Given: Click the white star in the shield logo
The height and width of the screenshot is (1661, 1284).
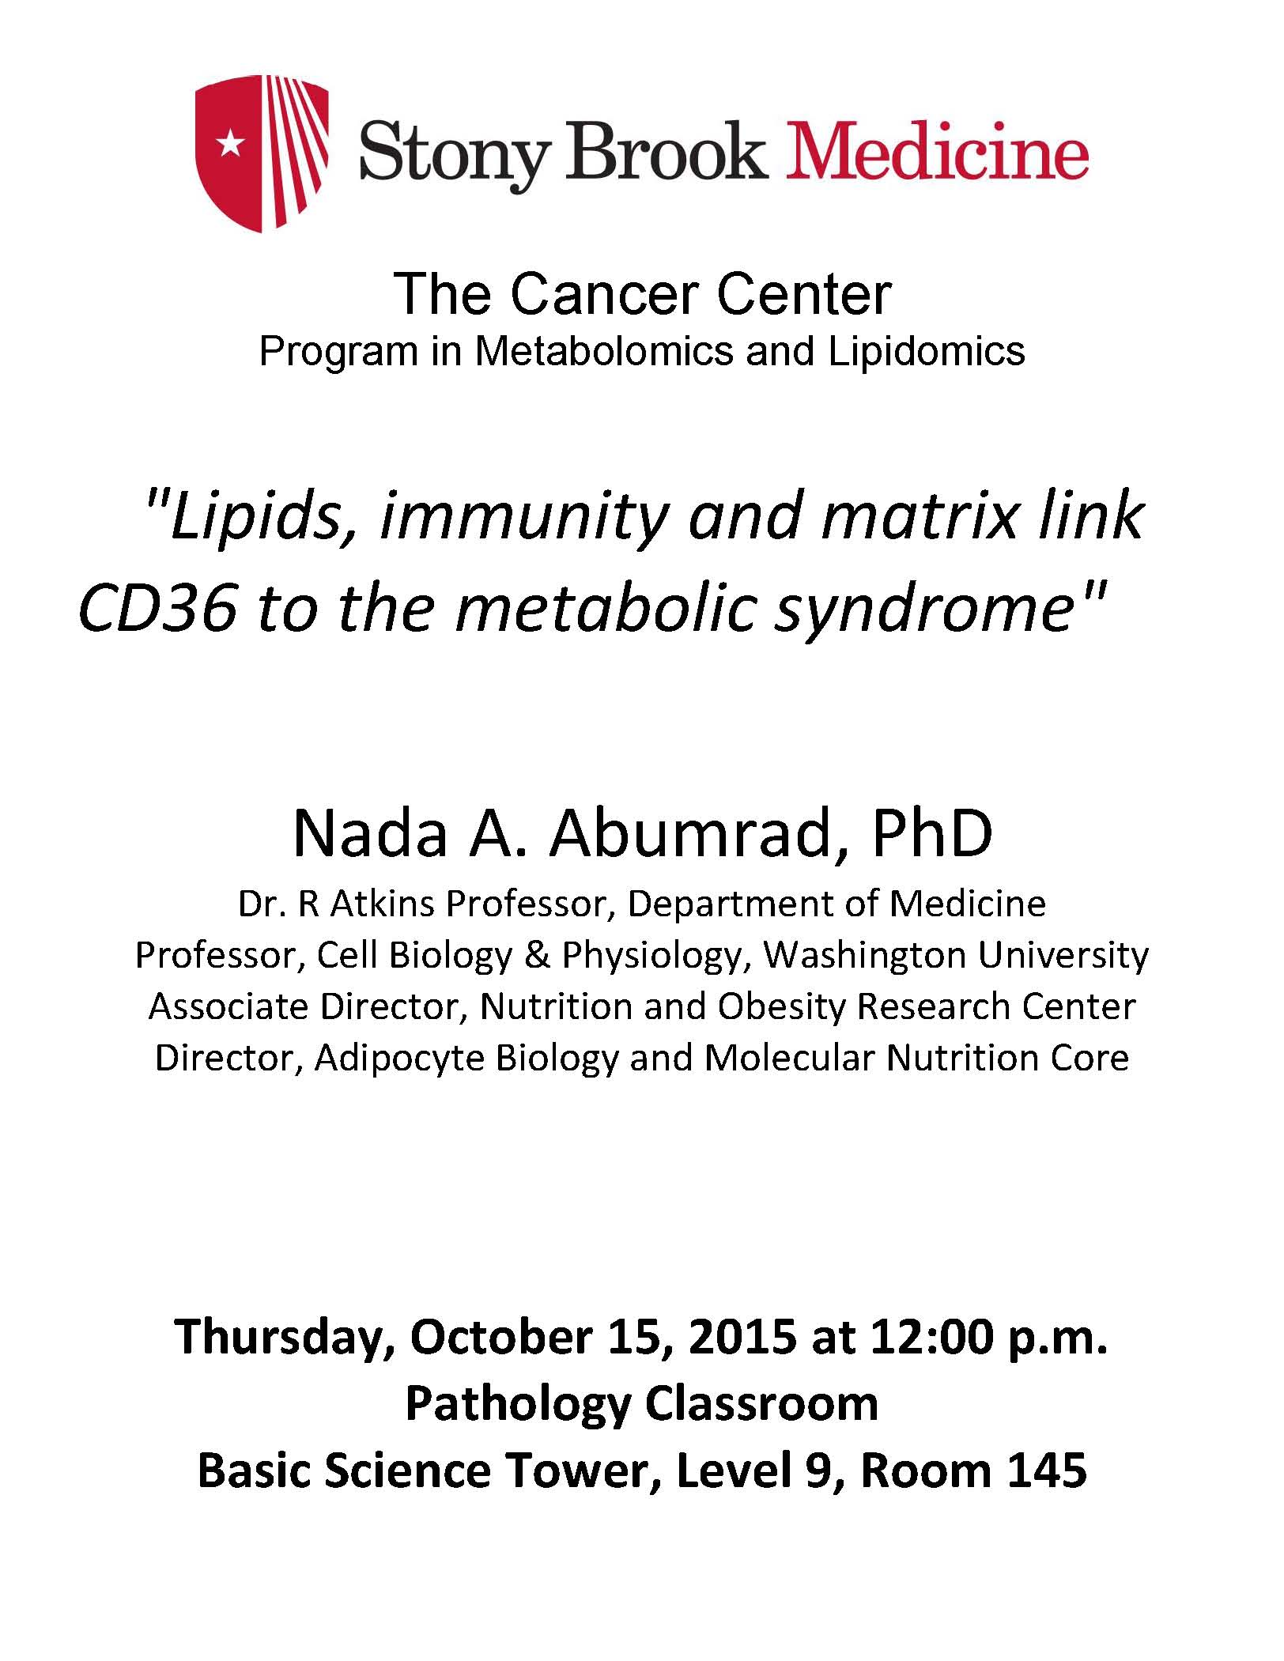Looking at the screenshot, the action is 231,143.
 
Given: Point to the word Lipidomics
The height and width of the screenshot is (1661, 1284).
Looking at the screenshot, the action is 927,352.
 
